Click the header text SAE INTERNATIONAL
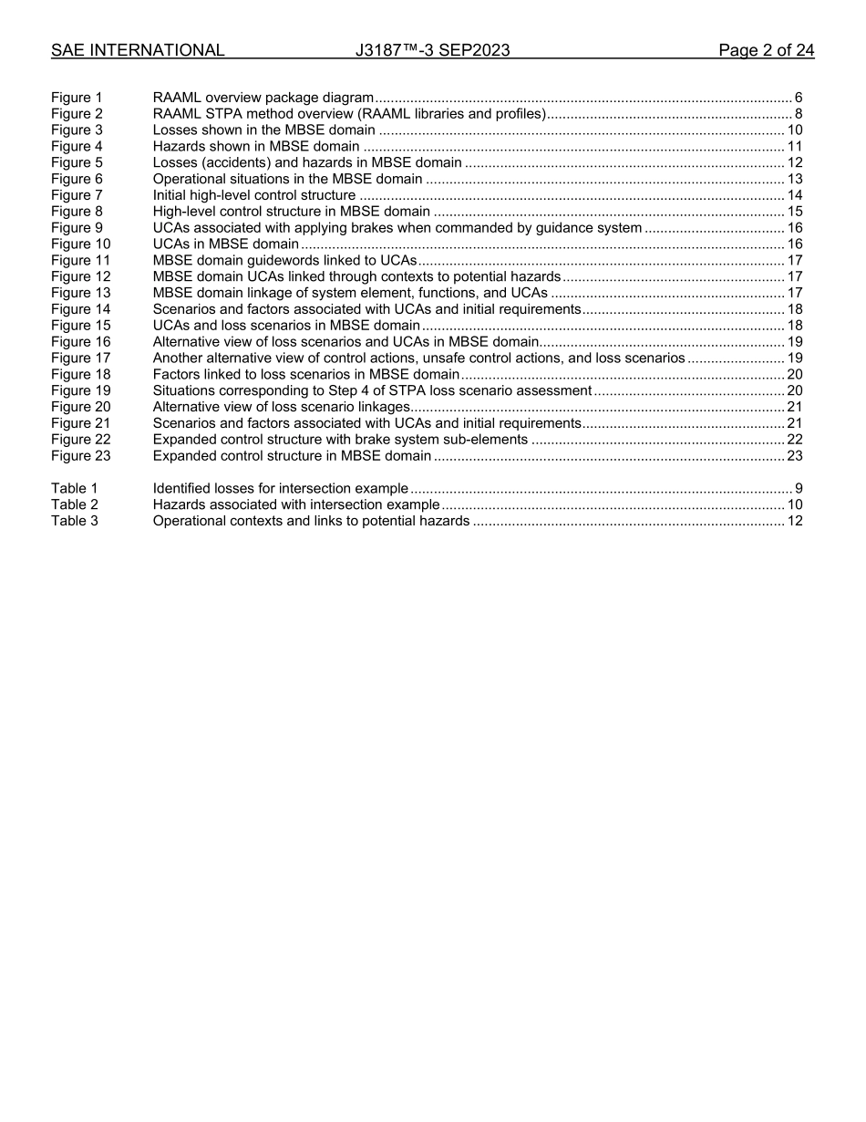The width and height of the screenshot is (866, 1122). [138, 51]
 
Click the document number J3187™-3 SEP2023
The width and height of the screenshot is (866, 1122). [432, 51]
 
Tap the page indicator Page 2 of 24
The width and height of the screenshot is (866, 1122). [766, 51]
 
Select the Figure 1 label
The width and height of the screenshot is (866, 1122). [77, 98]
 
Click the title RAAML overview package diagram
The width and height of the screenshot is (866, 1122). [263, 98]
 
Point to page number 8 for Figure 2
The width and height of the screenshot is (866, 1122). [798, 114]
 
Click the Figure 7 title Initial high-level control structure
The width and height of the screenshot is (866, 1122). [254, 195]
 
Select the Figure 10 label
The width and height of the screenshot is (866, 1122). [80, 244]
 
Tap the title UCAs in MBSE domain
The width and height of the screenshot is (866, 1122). [225, 244]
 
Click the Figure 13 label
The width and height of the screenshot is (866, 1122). [80, 293]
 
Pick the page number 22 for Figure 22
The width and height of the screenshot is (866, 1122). [794, 440]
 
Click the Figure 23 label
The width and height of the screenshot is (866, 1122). [80, 456]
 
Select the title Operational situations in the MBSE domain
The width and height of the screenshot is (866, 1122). [287, 180]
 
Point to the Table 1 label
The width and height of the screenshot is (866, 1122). [74, 489]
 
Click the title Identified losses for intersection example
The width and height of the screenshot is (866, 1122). [280, 489]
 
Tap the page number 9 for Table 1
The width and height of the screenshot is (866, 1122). [798, 489]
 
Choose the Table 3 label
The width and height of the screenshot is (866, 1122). [74, 522]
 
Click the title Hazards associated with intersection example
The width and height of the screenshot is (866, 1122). [296, 505]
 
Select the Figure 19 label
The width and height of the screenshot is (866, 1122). [80, 391]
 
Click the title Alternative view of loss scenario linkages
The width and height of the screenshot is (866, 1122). [282, 407]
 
